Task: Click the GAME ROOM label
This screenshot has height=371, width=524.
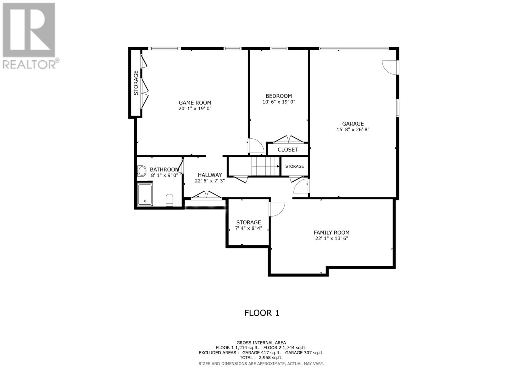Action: [x=195, y=103]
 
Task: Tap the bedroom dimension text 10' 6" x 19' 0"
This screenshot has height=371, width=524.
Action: [x=279, y=102]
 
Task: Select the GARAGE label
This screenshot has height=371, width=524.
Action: [x=353, y=124]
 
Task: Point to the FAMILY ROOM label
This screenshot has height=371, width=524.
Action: [x=331, y=233]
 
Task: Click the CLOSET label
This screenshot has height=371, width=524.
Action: [x=288, y=150]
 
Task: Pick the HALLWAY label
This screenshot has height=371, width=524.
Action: [x=210, y=175]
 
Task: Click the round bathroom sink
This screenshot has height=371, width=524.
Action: [x=142, y=171]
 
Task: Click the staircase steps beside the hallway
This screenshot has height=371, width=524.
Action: [x=265, y=166]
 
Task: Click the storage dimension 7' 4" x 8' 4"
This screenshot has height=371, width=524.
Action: [x=249, y=228]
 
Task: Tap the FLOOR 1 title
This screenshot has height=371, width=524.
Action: [x=262, y=313]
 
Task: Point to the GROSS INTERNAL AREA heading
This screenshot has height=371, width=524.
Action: [x=261, y=343]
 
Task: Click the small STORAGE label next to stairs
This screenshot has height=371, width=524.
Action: [x=294, y=166]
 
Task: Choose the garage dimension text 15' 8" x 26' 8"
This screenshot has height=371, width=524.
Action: [x=353, y=130]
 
